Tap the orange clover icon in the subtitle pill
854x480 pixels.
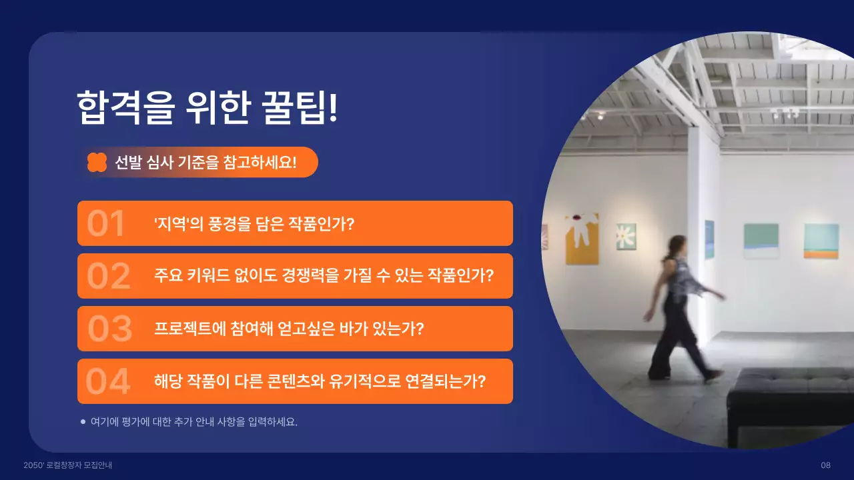click(97, 162)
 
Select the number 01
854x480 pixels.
click(106, 224)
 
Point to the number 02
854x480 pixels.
click(108, 277)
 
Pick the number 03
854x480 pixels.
click(110, 329)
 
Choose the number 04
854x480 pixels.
click(107, 382)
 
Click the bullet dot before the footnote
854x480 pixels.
click(83, 421)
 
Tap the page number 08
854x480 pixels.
click(825, 465)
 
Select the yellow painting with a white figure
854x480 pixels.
click(582, 239)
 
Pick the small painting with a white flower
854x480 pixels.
click(626, 237)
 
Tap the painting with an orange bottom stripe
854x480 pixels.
click(821, 241)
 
